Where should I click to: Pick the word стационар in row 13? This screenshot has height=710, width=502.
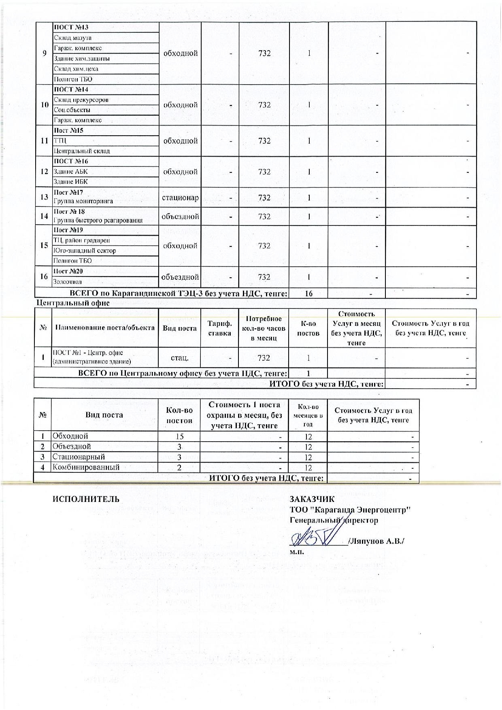[x=180, y=198]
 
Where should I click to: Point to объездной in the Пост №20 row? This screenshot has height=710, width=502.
[x=180, y=277]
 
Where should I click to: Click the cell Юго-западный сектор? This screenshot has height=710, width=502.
[x=85, y=251]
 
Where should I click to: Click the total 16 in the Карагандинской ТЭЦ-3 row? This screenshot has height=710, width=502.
[x=308, y=293]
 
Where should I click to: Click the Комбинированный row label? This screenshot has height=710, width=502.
[x=86, y=467]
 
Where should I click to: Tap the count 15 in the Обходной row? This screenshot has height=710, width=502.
[x=180, y=436]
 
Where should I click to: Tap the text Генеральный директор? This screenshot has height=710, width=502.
[x=334, y=520]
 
